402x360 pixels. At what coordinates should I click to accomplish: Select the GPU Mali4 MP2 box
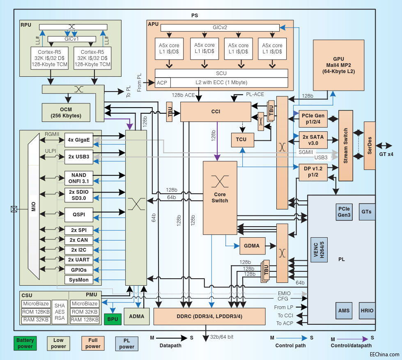(x=339, y=65)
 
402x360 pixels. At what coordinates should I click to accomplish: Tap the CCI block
(x=215, y=111)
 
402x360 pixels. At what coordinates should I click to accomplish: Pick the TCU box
(x=241, y=140)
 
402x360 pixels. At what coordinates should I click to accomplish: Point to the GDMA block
(x=252, y=245)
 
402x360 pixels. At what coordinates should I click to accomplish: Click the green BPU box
(x=113, y=319)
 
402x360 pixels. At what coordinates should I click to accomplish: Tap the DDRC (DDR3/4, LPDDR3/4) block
(x=209, y=316)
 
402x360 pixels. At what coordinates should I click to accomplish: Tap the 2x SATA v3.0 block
(x=312, y=140)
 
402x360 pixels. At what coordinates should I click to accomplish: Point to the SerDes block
(x=370, y=145)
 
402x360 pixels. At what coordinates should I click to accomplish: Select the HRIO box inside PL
(x=367, y=310)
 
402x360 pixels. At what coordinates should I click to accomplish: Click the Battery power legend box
(x=25, y=343)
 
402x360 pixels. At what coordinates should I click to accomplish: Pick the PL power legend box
(x=126, y=343)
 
